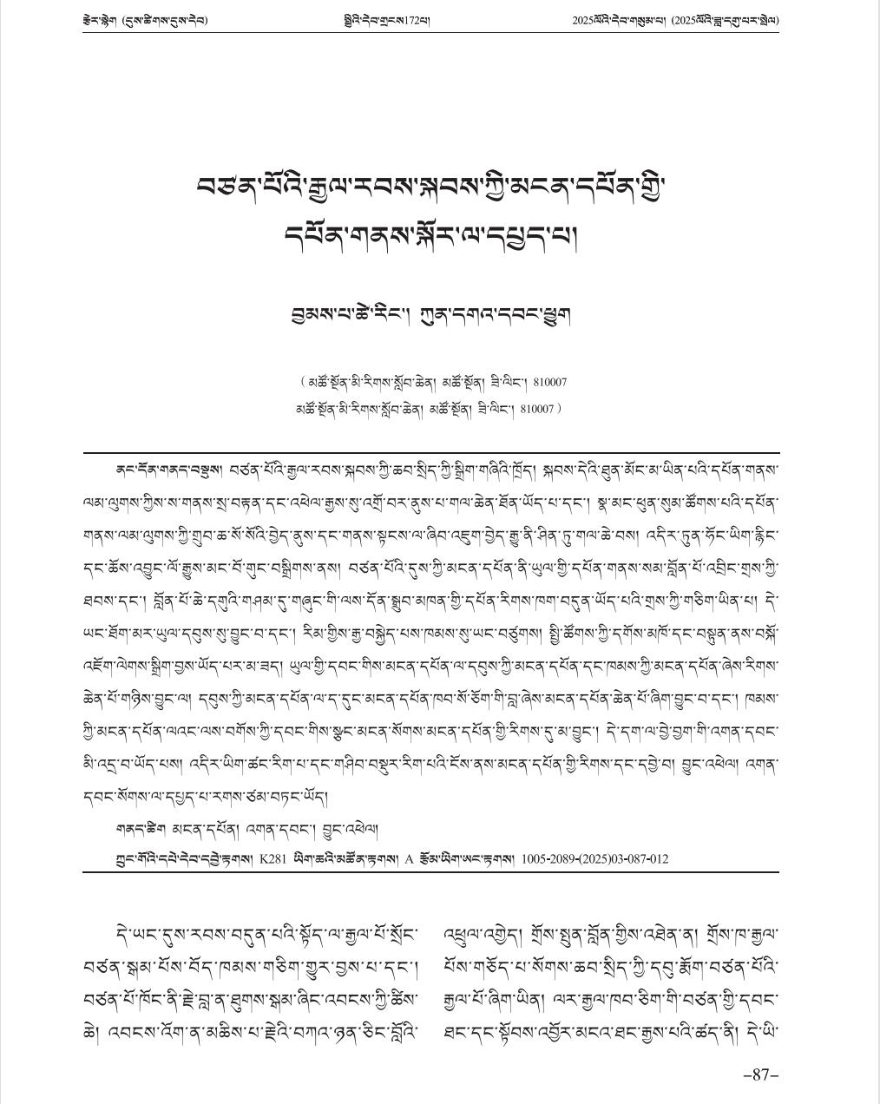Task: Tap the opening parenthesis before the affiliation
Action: (x=302, y=382)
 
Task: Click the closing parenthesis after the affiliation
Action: (x=560, y=408)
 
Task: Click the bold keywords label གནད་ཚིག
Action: (x=137, y=831)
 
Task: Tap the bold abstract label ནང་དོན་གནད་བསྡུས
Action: (x=168, y=470)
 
